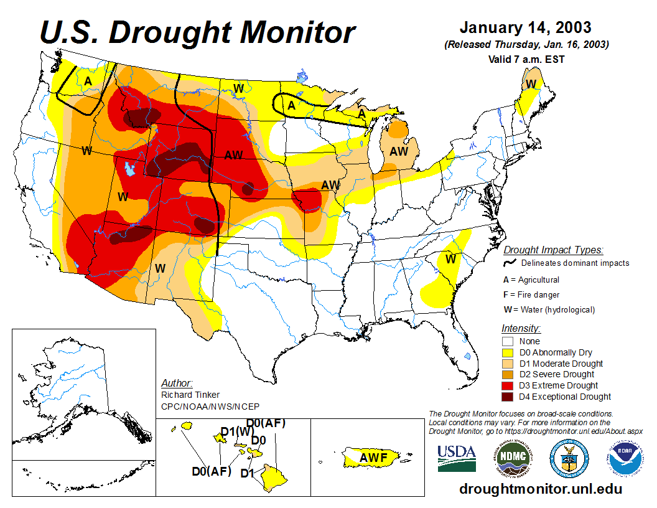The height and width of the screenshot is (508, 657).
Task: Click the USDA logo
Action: tap(456, 458)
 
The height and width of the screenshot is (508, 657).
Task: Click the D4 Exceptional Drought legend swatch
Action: tap(508, 397)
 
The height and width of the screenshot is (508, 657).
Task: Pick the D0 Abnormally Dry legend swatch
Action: tap(508, 352)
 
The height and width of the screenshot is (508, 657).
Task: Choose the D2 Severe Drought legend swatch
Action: tap(508, 374)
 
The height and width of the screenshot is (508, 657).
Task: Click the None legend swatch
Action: tap(508, 341)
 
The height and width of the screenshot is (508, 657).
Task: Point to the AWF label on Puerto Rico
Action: tap(374, 458)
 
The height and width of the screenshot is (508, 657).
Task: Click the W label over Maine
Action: tap(531, 84)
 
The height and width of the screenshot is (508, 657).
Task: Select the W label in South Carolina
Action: tap(450, 258)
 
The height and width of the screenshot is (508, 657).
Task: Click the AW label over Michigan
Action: tap(399, 151)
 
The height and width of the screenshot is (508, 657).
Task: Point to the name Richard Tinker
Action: tap(190, 395)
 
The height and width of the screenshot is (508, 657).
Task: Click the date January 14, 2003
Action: tap(525, 29)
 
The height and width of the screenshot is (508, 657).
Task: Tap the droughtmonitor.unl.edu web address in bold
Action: tap(541, 489)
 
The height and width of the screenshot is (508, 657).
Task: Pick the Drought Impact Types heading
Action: tap(553, 250)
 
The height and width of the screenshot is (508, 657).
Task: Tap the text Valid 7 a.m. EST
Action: tap(526, 59)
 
